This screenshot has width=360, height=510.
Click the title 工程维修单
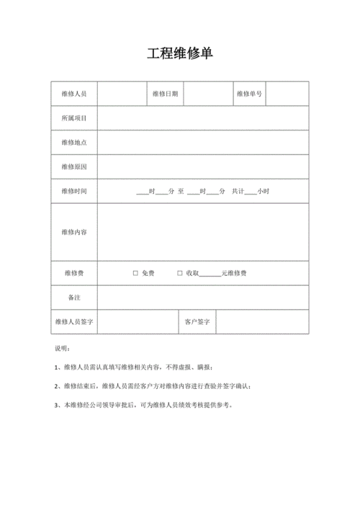[x=180, y=54]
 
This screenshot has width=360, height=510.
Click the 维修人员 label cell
[x=74, y=94]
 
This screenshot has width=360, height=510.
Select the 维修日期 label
[x=166, y=94]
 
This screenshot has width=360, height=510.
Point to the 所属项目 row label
[x=74, y=118]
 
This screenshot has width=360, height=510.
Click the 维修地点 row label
[x=74, y=143]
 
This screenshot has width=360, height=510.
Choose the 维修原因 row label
[x=74, y=167]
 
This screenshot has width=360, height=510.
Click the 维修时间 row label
[x=74, y=192]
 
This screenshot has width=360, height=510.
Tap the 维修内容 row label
[x=74, y=232]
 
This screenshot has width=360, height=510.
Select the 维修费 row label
[x=74, y=274]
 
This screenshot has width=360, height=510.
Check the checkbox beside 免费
[x=135, y=274]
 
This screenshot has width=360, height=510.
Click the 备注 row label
[x=74, y=297]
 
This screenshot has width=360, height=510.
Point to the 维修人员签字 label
[x=74, y=322]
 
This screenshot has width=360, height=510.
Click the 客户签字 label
[x=197, y=322]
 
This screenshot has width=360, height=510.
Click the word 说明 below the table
[x=63, y=349]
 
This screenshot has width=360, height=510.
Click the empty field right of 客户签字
[x=262, y=322]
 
